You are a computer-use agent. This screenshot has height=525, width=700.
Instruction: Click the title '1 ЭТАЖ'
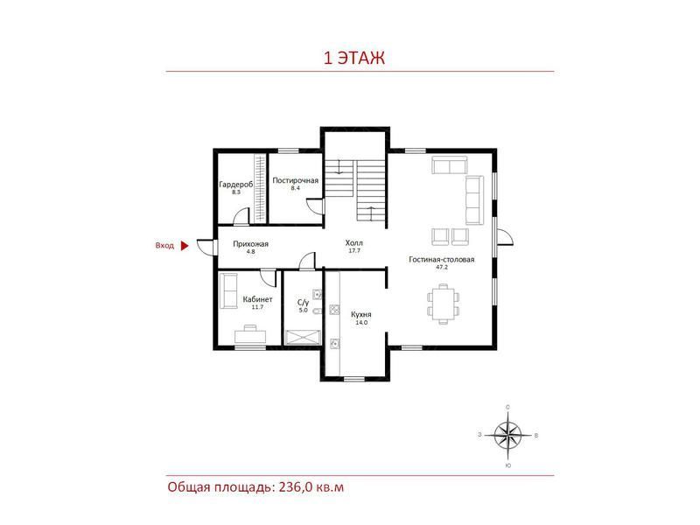[353, 58]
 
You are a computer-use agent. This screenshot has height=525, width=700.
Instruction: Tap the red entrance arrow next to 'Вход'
[185, 246]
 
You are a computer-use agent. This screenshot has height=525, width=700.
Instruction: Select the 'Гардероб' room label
[235, 185]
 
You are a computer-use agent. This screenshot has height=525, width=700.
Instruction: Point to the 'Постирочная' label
[295, 180]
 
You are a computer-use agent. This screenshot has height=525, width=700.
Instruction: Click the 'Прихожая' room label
[250, 244]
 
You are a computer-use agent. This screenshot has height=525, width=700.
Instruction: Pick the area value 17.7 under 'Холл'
[354, 251]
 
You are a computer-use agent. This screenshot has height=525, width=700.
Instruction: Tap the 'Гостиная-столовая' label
[442, 259]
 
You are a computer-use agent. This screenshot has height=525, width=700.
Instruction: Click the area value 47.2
[442, 268]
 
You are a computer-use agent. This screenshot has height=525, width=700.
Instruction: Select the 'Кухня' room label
[361, 314]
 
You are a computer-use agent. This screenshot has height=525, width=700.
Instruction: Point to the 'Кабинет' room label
[257, 299]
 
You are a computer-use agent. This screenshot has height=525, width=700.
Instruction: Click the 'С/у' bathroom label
[303, 302]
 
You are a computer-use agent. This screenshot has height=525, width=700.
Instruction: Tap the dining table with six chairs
[444, 304]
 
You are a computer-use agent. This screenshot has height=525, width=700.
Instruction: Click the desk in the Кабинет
[250, 334]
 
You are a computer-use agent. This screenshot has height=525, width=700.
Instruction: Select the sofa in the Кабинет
[228, 290]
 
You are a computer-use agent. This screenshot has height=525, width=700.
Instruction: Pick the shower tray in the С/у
[304, 337]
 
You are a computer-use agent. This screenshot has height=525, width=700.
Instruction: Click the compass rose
[508, 435]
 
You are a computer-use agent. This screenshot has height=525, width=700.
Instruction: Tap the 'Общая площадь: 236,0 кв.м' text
[255, 487]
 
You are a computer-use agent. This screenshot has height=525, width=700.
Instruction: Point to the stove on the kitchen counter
[334, 310]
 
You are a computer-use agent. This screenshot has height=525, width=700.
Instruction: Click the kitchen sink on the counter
[333, 344]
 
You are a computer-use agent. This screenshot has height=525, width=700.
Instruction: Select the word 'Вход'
[164, 246]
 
